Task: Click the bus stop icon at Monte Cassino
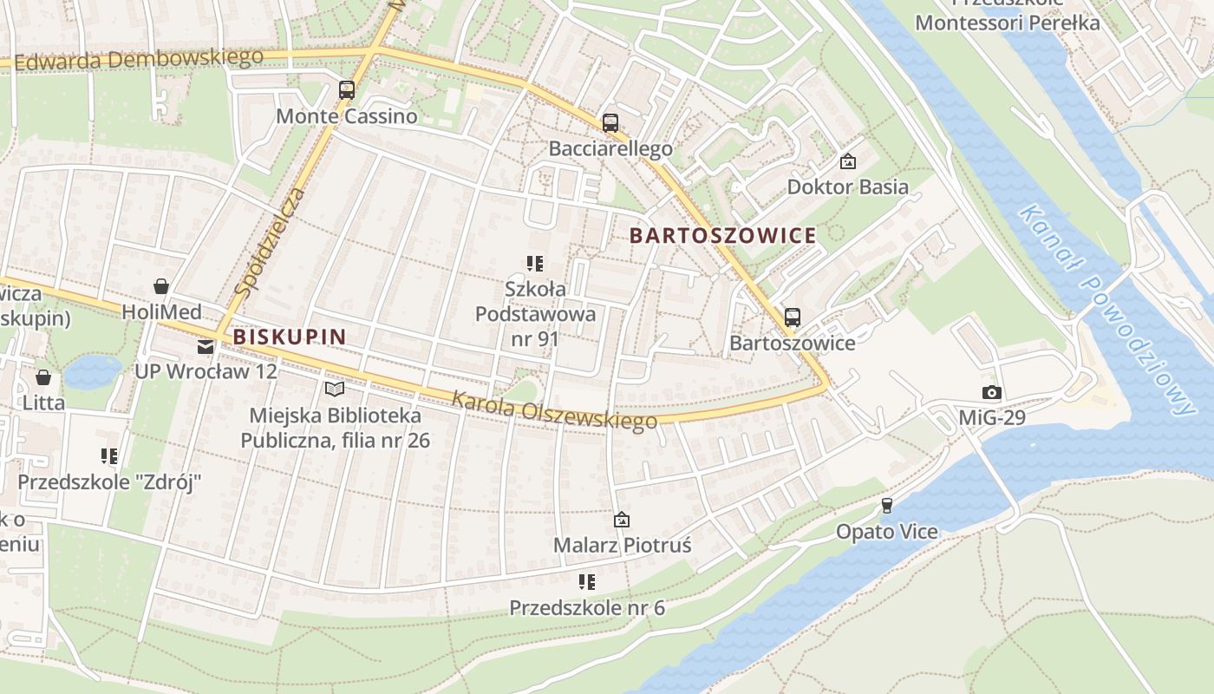pos(347,89)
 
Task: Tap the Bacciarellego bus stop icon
pos(610,122)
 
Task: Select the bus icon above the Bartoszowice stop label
pos(792,317)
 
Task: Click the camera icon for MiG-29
pos(991,393)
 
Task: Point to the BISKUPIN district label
pos(290,337)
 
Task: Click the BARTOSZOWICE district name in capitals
pos(722,235)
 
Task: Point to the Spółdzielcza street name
pos(271,243)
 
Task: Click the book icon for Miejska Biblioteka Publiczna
pos(334,390)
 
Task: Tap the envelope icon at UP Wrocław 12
pos(206,347)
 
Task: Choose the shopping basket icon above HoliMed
pos(160,286)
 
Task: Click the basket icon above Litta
pos(43,377)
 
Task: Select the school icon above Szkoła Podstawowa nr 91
pos(535,263)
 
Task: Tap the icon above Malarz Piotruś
pos(622,520)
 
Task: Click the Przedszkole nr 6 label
pos(587,607)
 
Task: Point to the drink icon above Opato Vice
pos(886,505)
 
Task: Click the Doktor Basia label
pos(847,187)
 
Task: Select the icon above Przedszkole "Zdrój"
pos(109,455)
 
